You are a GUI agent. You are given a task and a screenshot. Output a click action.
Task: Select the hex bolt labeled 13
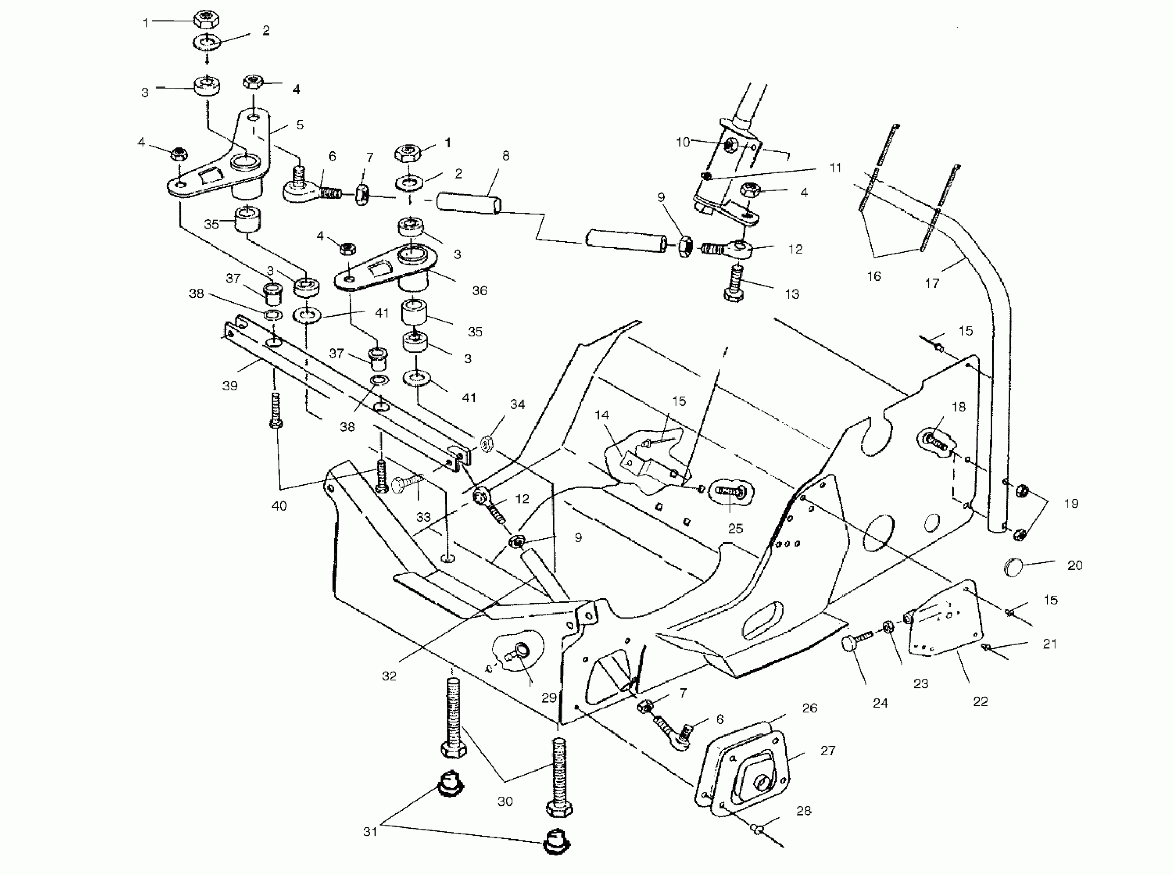[733, 284]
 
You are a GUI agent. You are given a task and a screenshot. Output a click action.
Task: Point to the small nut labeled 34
[487, 442]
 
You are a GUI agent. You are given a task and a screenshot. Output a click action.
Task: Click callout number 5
[300, 125]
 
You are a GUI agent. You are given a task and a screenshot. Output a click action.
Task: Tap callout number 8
[506, 156]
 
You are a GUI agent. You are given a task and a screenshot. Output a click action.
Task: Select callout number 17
[932, 284]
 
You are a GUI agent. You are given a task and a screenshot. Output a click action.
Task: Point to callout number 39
[230, 386]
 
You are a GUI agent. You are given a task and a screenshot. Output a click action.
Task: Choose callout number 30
[505, 801]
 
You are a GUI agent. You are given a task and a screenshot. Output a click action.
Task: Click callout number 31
[370, 832]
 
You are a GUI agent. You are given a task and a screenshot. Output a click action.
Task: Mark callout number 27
[827, 750]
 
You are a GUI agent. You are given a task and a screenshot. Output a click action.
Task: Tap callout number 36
[479, 291]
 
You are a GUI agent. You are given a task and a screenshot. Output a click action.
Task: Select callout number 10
[683, 142]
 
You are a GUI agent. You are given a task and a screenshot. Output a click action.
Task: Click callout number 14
[602, 415]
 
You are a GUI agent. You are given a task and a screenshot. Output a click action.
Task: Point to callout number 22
[980, 701]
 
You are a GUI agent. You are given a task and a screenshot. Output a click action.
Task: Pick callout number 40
[279, 506]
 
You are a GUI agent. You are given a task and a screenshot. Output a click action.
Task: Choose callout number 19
[1071, 503]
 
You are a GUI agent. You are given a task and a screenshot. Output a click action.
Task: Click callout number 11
[835, 168]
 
